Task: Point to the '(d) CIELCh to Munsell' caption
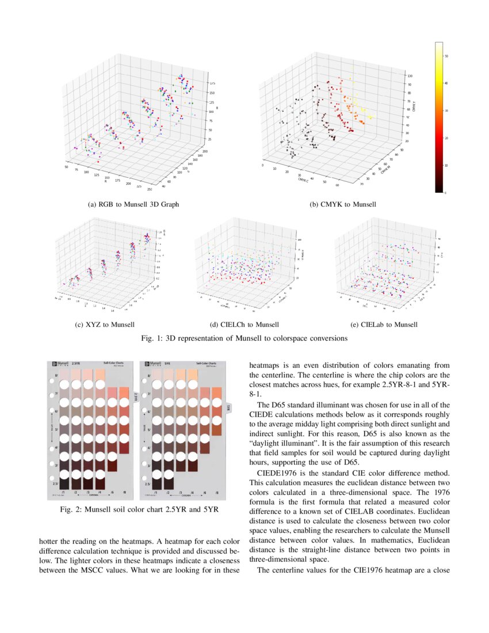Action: click(x=246, y=325)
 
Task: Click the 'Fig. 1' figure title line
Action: click(x=244, y=338)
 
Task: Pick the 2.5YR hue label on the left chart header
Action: click(x=76, y=364)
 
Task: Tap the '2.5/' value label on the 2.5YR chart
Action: click(x=56, y=485)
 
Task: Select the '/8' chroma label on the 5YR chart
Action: click(x=217, y=493)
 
